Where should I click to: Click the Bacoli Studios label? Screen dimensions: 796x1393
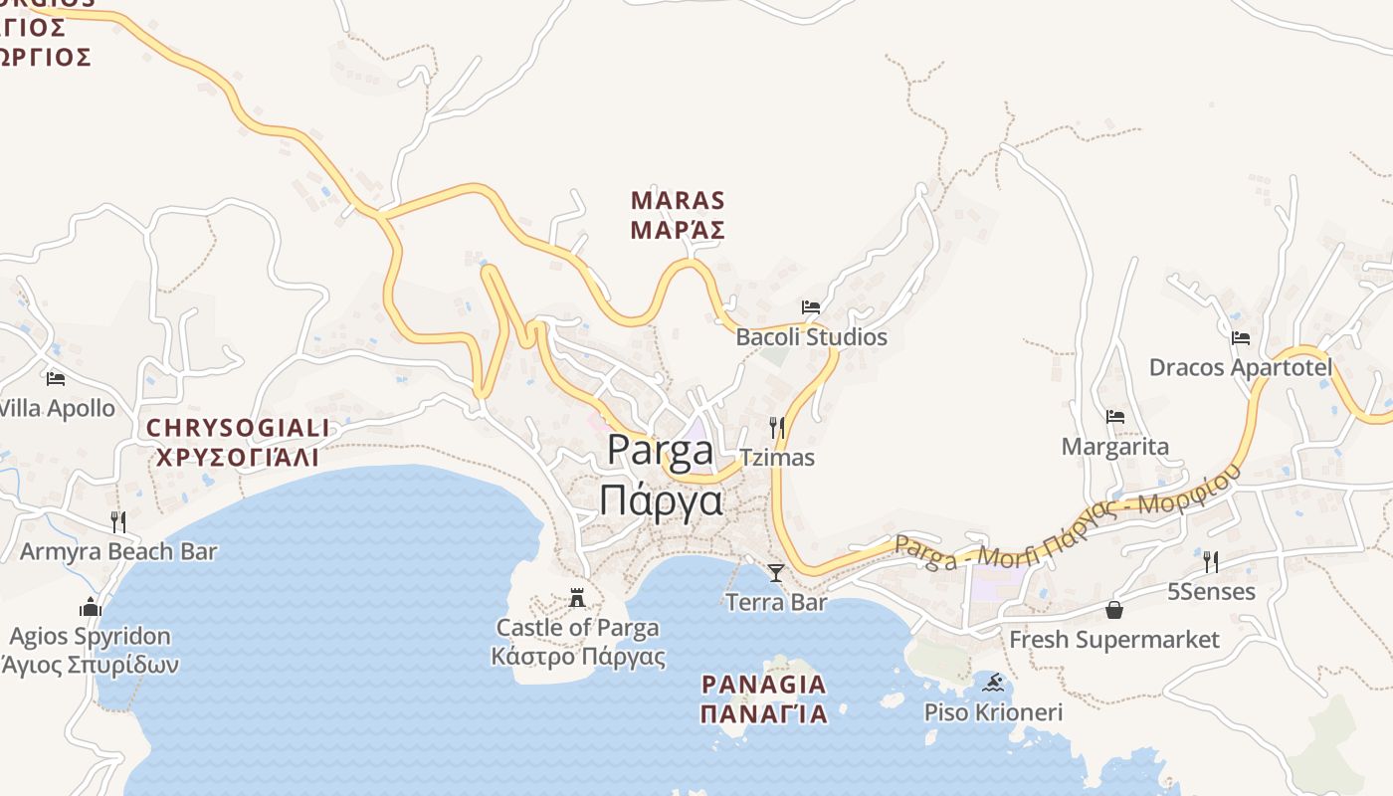pos(811,337)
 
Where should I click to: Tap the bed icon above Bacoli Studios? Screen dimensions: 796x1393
pos(811,306)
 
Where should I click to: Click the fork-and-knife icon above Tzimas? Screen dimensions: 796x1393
pos(777,428)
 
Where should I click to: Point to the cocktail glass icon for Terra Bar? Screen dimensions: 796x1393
pos(776,573)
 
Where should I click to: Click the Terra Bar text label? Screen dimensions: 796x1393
pos(776,602)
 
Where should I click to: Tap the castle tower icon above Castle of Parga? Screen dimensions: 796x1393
pos(577,598)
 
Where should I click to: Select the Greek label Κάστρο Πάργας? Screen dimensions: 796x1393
pos(578,657)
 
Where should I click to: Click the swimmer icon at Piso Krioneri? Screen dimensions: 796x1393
pos(993,683)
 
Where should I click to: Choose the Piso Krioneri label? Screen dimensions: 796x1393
pos(993,712)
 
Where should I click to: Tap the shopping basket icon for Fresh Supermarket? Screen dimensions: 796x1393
pos(1114,609)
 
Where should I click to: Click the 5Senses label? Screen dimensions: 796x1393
pos(1211,592)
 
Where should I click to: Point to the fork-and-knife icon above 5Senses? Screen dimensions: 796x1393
pos(1211,562)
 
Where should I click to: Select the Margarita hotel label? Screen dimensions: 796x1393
pos(1114,447)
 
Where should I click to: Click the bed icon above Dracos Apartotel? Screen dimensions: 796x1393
pos(1240,338)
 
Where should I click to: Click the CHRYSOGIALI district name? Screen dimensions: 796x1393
pos(237,429)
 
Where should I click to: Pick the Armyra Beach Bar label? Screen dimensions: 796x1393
pos(118,551)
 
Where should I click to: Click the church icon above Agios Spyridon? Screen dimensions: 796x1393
pos(91,607)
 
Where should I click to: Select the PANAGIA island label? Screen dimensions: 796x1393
pos(763,685)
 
